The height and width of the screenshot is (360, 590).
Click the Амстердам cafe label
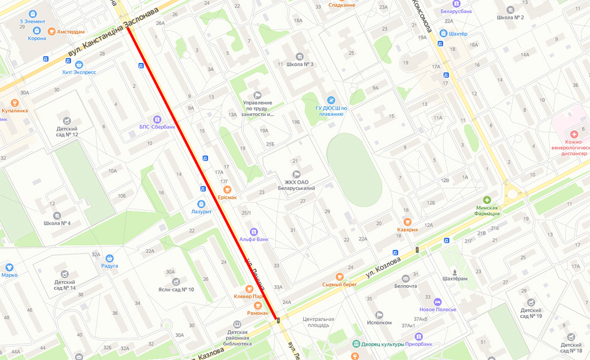pos(71,31)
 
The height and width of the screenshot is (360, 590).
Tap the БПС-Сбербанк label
pos(157,126)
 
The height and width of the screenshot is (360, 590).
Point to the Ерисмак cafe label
pos(227,197)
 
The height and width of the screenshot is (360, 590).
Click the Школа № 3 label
pos(299,64)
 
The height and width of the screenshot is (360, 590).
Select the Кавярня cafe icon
pos(407,222)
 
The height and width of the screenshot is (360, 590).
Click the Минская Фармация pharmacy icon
pos(487,199)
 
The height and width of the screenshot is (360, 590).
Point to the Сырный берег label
pos(339,285)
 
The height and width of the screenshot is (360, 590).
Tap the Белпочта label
pos(405,286)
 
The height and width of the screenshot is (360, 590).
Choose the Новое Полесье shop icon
pos(438,302)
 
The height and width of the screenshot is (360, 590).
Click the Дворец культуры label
pos(384,344)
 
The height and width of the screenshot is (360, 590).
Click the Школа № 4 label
pos(57,223)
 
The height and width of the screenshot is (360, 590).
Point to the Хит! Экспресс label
pos(79,72)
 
